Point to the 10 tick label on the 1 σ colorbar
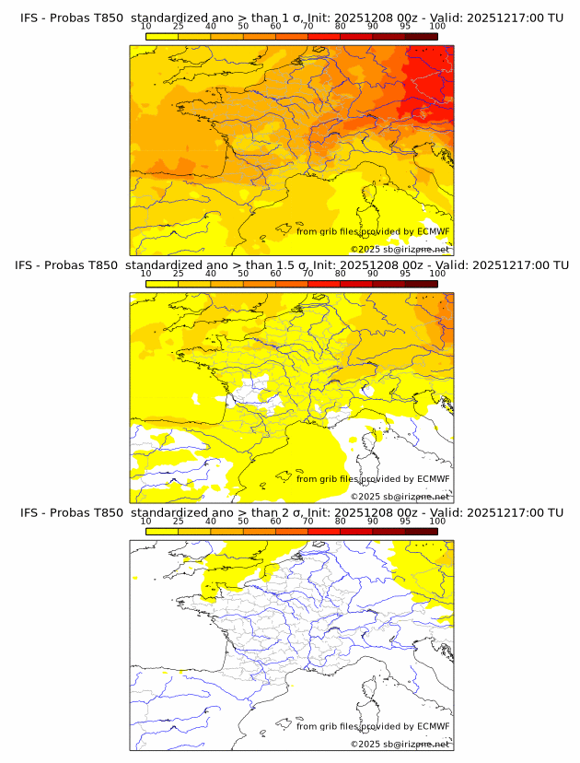coord(146,27)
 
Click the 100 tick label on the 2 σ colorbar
coord(437,521)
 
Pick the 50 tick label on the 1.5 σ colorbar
coord(243,274)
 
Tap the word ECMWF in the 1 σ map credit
coord(434,231)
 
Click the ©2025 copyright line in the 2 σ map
coord(400,744)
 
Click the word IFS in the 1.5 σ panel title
coord(29,265)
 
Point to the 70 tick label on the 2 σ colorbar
coord(307,521)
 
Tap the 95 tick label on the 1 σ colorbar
coord(405,27)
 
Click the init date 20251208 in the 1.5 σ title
coord(370,265)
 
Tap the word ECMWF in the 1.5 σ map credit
coord(434,478)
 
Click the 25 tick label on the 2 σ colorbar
coord(179,521)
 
